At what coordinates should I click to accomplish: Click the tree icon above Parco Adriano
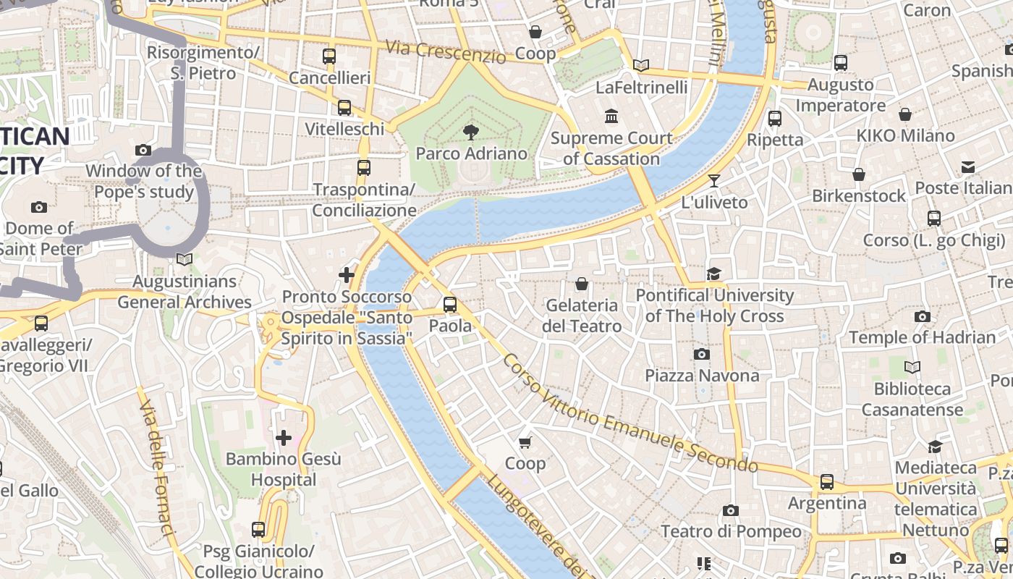[x=471, y=132]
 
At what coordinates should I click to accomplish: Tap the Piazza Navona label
[x=702, y=376]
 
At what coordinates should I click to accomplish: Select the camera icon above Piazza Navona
[x=701, y=354]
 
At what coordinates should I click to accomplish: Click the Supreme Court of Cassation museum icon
[x=611, y=116]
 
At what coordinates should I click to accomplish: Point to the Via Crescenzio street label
[x=445, y=51]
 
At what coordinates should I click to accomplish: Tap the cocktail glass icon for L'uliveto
[x=714, y=181]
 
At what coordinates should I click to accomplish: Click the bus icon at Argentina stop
[x=826, y=481]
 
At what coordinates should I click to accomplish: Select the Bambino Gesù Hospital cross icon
[x=284, y=437]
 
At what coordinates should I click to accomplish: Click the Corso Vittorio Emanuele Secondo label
[x=630, y=413]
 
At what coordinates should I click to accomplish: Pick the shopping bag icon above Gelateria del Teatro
[x=581, y=284]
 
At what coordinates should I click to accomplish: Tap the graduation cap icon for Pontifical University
[x=714, y=274]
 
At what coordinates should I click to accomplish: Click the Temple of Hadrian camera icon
[x=922, y=316]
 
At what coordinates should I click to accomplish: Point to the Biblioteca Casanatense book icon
[x=912, y=368]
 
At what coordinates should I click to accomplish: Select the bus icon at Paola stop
[x=450, y=304]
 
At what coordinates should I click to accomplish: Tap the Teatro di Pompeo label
[x=731, y=532]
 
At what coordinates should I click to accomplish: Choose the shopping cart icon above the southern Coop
[x=525, y=442]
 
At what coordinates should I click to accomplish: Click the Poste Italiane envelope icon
[x=968, y=167]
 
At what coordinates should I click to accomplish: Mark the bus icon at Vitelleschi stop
[x=344, y=108]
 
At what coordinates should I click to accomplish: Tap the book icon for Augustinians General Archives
[x=185, y=259]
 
